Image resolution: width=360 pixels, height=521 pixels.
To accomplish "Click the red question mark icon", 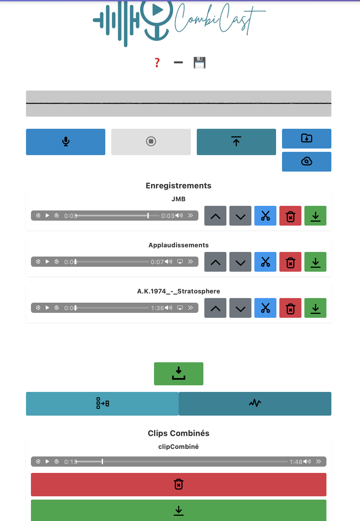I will click(x=157, y=63).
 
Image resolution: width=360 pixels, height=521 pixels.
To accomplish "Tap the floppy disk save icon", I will click(x=199, y=63).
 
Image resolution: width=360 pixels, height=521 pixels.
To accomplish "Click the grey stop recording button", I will click(x=151, y=142).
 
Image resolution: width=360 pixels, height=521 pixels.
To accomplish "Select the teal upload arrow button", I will click(x=236, y=142).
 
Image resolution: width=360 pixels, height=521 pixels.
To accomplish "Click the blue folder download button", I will click(x=306, y=138).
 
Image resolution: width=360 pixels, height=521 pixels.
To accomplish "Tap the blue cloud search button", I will click(x=306, y=161).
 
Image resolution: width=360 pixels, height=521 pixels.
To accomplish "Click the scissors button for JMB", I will click(x=265, y=216).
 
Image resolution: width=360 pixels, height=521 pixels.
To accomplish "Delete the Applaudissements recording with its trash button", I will click(x=290, y=262).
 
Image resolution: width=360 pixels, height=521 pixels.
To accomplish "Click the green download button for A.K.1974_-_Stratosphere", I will click(x=315, y=308).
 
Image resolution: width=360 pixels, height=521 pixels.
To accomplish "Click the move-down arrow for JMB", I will click(x=240, y=216).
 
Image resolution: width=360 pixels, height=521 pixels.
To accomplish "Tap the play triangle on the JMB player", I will click(x=47, y=215).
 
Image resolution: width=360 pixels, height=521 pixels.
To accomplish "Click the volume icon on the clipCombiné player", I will click(x=307, y=461).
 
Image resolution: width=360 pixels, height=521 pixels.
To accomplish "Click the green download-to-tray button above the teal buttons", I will click(x=178, y=373).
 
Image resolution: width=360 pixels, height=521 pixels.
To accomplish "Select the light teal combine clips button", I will click(x=102, y=403).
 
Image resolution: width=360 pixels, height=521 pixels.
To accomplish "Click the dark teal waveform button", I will click(x=255, y=403).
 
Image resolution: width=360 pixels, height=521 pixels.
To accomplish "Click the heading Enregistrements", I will click(x=178, y=186).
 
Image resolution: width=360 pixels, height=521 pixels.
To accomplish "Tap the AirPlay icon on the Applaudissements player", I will click(x=180, y=261).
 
